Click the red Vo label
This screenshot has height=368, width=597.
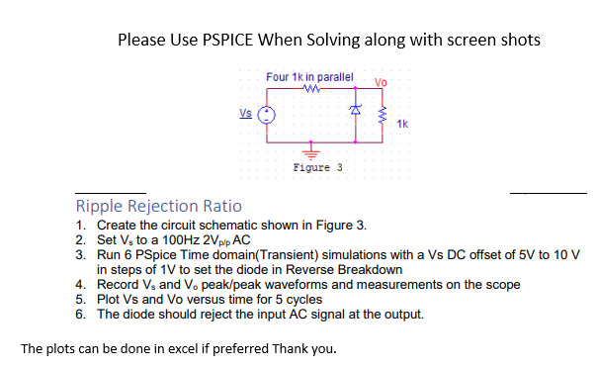(383, 80)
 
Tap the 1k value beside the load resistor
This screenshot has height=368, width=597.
(402, 124)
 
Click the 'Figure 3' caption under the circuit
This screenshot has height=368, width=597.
(317, 167)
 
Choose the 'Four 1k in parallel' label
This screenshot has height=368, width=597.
(309, 76)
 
